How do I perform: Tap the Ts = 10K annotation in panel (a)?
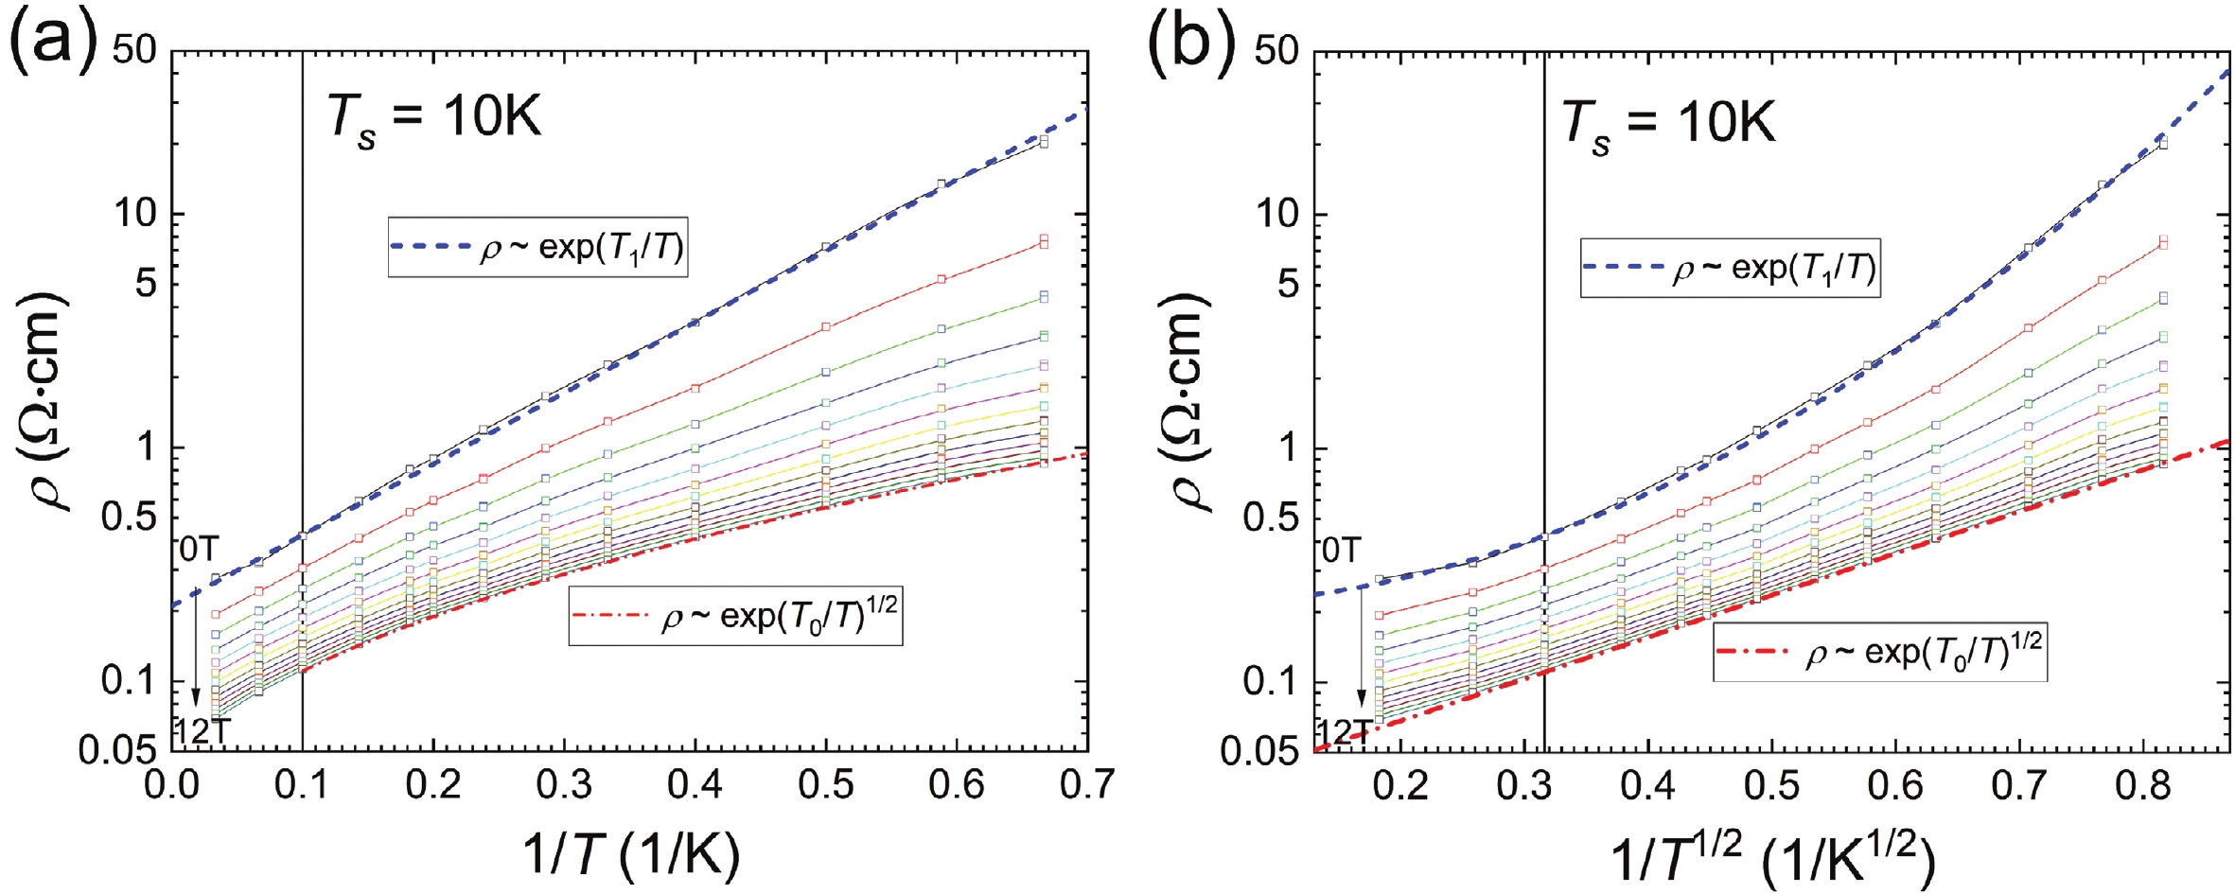point(434,119)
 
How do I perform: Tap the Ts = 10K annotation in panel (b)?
point(1668,123)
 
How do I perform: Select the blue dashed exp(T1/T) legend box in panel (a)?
point(537,248)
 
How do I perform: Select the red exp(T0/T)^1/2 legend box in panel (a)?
point(735,617)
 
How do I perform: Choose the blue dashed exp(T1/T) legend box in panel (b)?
point(1730,269)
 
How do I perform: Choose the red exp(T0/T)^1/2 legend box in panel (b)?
point(1879,653)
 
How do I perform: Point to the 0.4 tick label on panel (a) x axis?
point(695,785)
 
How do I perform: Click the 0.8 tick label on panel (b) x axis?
point(2144,785)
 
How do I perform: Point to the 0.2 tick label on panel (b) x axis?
point(1399,785)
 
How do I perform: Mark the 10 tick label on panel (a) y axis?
point(135,214)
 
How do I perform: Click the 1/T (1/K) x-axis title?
point(630,853)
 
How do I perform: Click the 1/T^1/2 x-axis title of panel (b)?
point(1771,857)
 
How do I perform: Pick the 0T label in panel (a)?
point(199,550)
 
